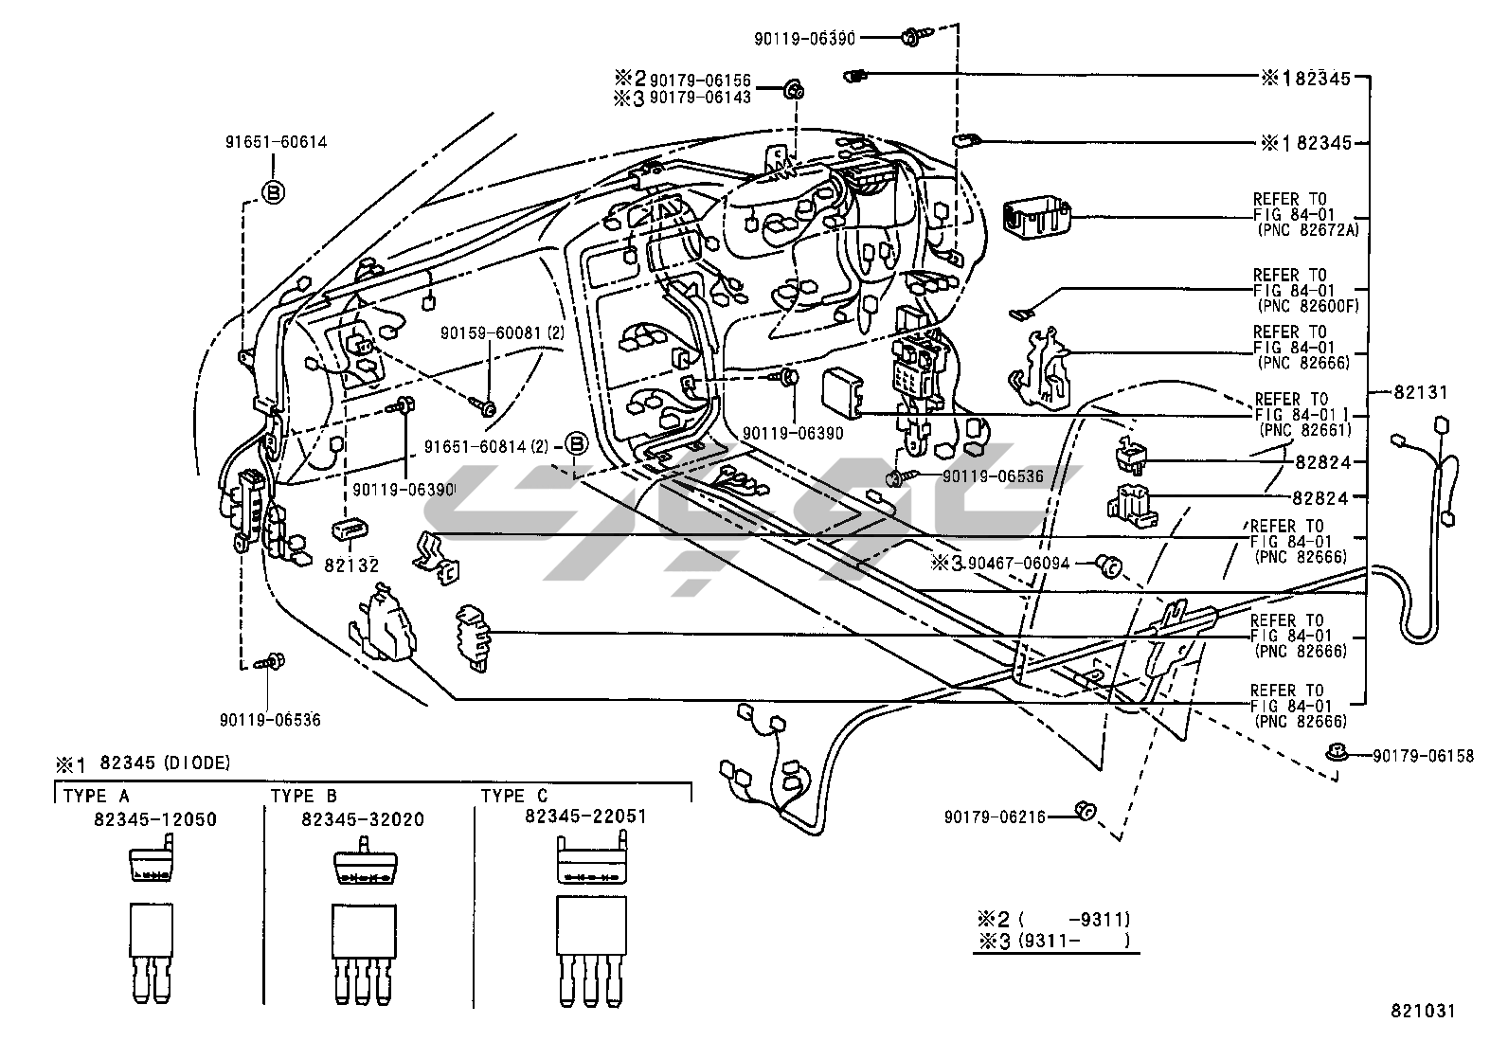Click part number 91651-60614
(x=276, y=142)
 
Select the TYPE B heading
(x=304, y=796)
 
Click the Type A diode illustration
(x=150, y=927)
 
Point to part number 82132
(x=351, y=565)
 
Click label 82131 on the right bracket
(x=1420, y=392)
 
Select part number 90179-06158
(x=1423, y=756)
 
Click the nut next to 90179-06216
(x=1086, y=811)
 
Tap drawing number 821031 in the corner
(x=1422, y=1011)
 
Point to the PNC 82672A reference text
(x=1302, y=230)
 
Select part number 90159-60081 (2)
(x=502, y=333)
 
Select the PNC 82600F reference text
(x=1302, y=306)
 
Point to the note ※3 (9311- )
(x=1054, y=941)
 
